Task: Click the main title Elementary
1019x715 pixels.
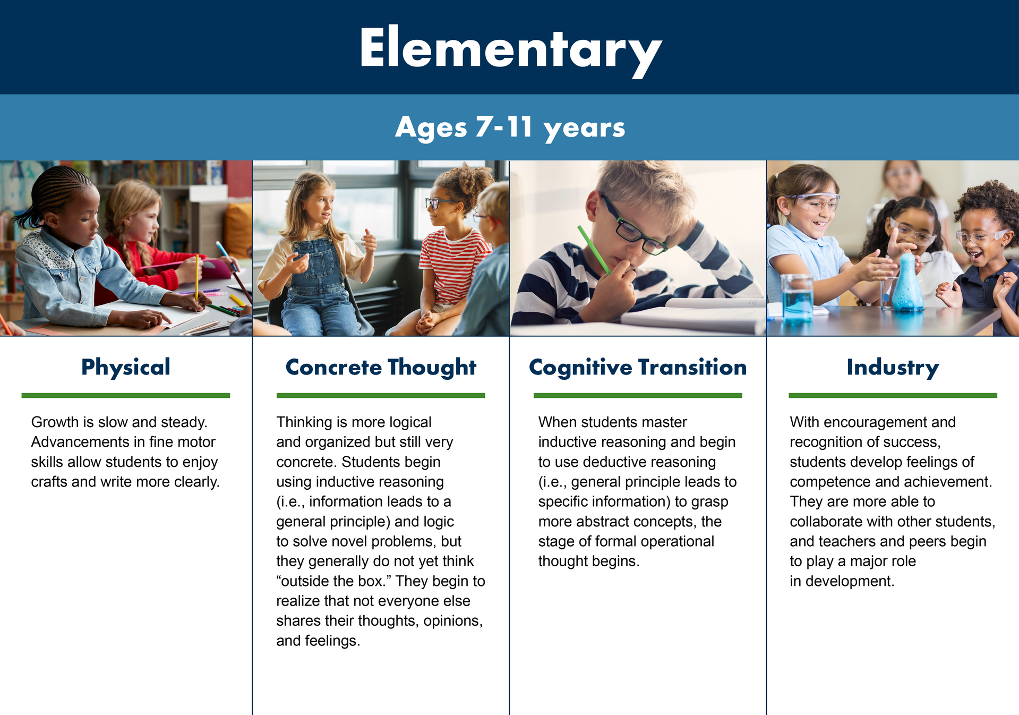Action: tap(510, 49)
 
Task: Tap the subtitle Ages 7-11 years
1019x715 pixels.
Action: tap(510, 127)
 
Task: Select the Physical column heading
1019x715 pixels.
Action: tap(126, 368)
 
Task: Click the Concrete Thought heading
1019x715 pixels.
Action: tap(381, 368)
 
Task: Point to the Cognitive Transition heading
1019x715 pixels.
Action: tap(638, 368)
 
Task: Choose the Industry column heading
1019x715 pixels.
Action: tap(893, 368)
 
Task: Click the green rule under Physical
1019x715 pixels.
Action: tap(126, 395)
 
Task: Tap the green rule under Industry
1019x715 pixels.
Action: tap(893, 395)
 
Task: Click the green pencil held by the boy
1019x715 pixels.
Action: tap(594, 250)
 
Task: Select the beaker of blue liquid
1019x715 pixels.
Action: tap(797, 298)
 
